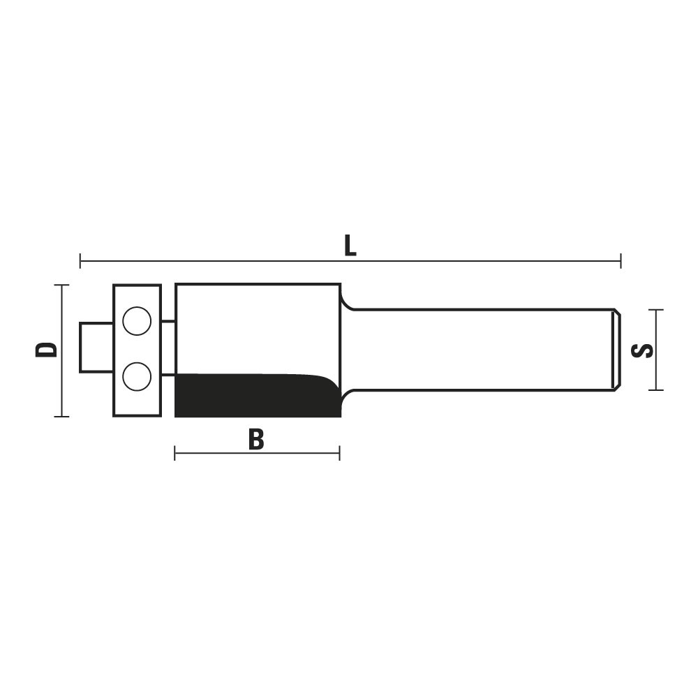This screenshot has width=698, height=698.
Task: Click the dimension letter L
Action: pyautogui.click(x=350, y=246)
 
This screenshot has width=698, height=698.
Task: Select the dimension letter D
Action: pyautogui.click(x=47, y=350)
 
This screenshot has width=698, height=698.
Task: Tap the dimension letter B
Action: pyautogui.click(x=256, y=439)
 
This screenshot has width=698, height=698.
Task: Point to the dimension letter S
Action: pyautogui.click(x=642, y=351)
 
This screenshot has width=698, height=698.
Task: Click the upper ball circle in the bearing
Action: pyautogui.click(x=137, y=321)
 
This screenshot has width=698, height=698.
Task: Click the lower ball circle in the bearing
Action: pyautogui.click(x=137, y=376)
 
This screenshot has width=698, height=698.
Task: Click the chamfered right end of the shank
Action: pyautogui.click(x=617, y=350)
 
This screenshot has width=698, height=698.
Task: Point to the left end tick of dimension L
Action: pyautogui.click(x=80, y=261)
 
